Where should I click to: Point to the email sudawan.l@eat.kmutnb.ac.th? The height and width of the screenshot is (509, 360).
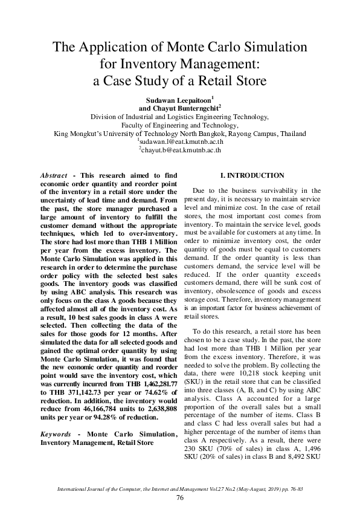(x=180, y=141)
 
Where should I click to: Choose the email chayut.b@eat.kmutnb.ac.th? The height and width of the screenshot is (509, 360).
(x=180, y=150)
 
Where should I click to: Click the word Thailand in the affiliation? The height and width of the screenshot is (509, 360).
(x=289, y=133)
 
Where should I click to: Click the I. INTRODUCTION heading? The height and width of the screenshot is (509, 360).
(x=252, y=175)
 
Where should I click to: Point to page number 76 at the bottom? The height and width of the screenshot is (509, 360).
(x=179, y=497)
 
